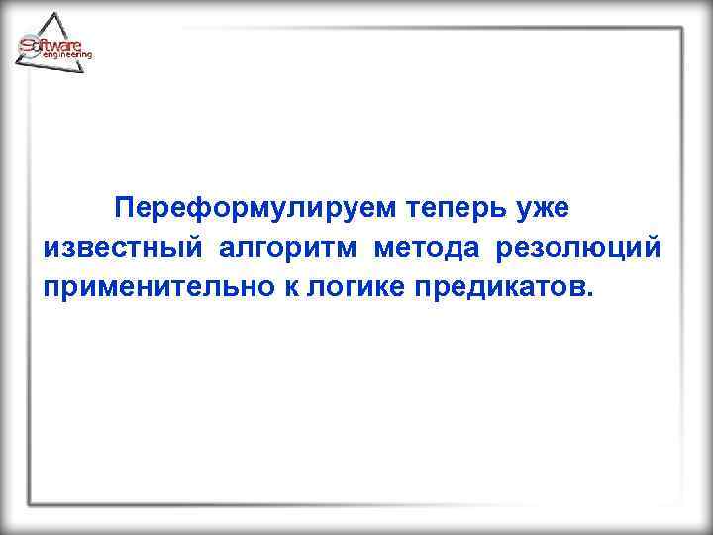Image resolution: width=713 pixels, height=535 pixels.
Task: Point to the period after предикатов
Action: tap(592, 292)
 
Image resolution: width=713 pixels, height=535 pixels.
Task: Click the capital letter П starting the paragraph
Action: tap(124, 210)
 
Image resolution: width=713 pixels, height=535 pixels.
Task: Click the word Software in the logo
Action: tap(57, 45)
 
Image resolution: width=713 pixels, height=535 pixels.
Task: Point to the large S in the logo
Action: tap(28, 46)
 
